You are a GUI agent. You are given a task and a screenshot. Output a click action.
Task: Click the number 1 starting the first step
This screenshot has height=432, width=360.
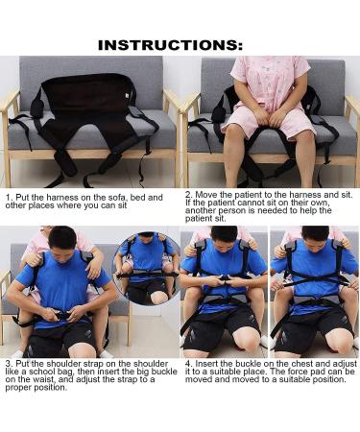coord(9,196)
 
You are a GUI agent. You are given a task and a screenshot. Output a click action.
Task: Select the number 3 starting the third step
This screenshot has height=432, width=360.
coord(9,365)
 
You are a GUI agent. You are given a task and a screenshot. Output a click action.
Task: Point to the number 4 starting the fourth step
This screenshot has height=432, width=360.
coord(187,365)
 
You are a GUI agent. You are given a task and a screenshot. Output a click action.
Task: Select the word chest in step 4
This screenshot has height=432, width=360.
coord(287,365)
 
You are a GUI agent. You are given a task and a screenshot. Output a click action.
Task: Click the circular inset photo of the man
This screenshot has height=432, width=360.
coord(146,268)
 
